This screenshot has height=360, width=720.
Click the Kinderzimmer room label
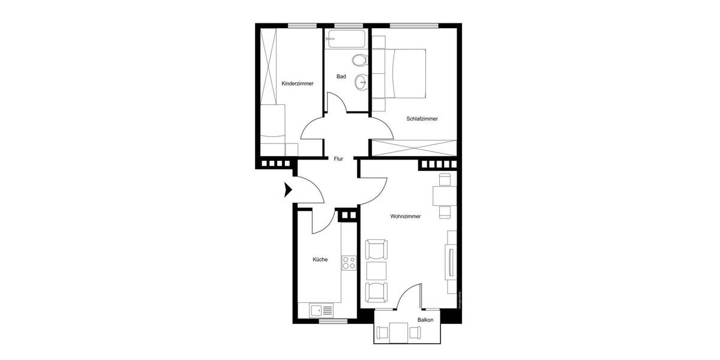click(298, 83)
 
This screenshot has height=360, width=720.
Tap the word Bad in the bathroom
click(341, 76)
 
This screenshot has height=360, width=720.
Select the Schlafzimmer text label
click(422, 119)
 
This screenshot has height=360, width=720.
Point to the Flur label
click(338, 159)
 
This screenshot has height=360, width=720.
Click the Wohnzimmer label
click(405, 216)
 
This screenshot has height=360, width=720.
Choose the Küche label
click(320, 260)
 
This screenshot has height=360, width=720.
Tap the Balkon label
click(425, 320)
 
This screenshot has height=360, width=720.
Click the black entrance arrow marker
click(287, 191)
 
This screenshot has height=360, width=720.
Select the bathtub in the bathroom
click(346, 41)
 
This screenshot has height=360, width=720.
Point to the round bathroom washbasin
click(361, 82)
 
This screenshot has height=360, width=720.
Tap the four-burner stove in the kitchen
click(349, 262)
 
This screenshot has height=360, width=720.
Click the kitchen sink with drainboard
click(322, 311)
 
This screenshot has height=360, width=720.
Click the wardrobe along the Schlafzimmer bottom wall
click(414, 148)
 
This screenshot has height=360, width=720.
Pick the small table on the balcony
click(400, 332)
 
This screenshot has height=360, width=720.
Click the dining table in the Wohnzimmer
click(445, 196)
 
